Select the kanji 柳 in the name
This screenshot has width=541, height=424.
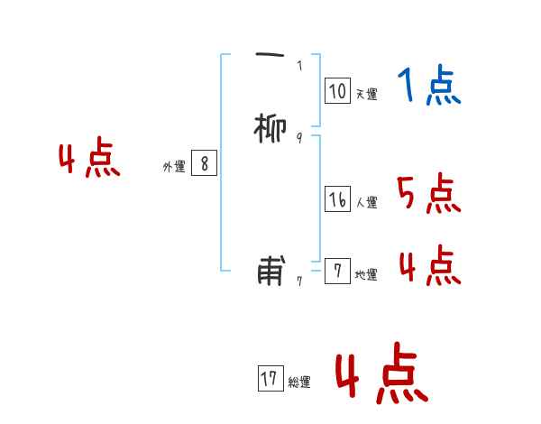(x=271, y=129)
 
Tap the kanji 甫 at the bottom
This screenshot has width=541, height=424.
(x=270, y=272)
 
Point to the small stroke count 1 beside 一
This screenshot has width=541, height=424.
(x=299, y=65)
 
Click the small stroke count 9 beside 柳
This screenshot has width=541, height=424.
(x=299, y=137)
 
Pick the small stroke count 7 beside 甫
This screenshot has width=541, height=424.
(x=299, y=281)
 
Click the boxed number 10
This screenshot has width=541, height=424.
(x=337, y=91)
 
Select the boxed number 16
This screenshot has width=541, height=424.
(x=337, y=199)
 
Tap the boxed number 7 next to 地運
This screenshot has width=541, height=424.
(x=337, y=271)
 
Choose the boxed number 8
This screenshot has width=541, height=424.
(x=205, y=163)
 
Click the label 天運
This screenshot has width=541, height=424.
(x=366, y=94)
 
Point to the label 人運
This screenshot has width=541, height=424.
(x=366, y=202)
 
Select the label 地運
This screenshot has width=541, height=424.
(x=366, y=274)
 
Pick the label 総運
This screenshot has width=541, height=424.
(x=299, y=383)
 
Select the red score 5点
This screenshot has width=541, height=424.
(x=428, y=194)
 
